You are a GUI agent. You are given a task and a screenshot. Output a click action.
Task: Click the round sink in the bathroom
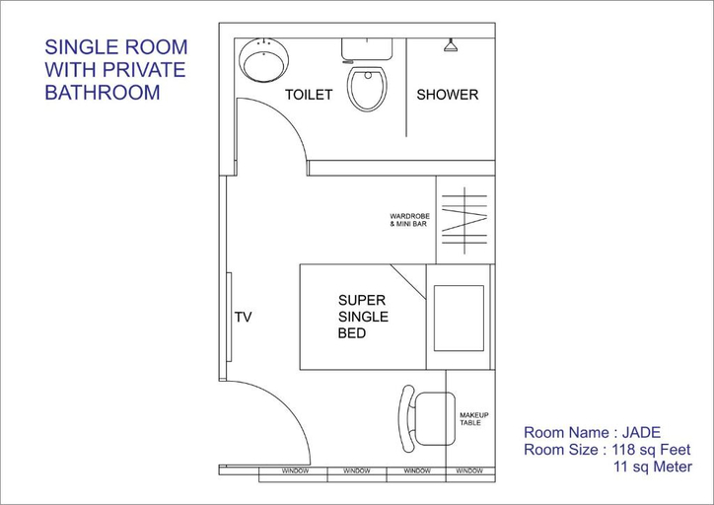click(x=263, y=60)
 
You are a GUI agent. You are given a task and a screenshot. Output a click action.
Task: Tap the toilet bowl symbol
click(x=367, y=89)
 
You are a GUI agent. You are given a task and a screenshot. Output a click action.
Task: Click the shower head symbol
click(x=451, y=45)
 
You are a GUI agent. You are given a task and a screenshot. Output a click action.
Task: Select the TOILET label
click(x=309, y=95)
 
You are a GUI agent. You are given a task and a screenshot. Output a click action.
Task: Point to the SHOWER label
click(x=447, y=95)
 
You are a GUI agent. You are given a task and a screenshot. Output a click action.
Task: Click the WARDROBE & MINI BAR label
click(x=409, y=220)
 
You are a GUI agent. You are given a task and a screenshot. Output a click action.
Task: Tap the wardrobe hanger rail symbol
click(x=464, y=220)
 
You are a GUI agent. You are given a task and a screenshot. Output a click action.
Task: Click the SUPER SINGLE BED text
click(x=363, y=317)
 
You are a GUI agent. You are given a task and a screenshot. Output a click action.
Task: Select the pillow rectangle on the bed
click(x=459, y=319)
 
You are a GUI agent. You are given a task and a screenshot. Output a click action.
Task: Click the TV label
click(x=243, y=317)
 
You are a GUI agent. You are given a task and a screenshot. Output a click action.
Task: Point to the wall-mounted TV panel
click(x=229, y=317)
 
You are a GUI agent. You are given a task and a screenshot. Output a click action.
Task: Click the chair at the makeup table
click(x=427, y=418)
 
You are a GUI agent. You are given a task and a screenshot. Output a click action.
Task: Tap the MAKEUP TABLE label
click(x=473, y=419)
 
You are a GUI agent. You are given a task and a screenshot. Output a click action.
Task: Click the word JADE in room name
click(x=641, y=432)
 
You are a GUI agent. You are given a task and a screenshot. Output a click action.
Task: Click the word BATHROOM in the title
click(x=103, y=93)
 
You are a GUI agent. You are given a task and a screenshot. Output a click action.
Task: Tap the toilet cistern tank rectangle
click(x=367, y=49)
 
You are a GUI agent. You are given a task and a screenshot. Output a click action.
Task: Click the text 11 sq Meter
click(x=653, y=467)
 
